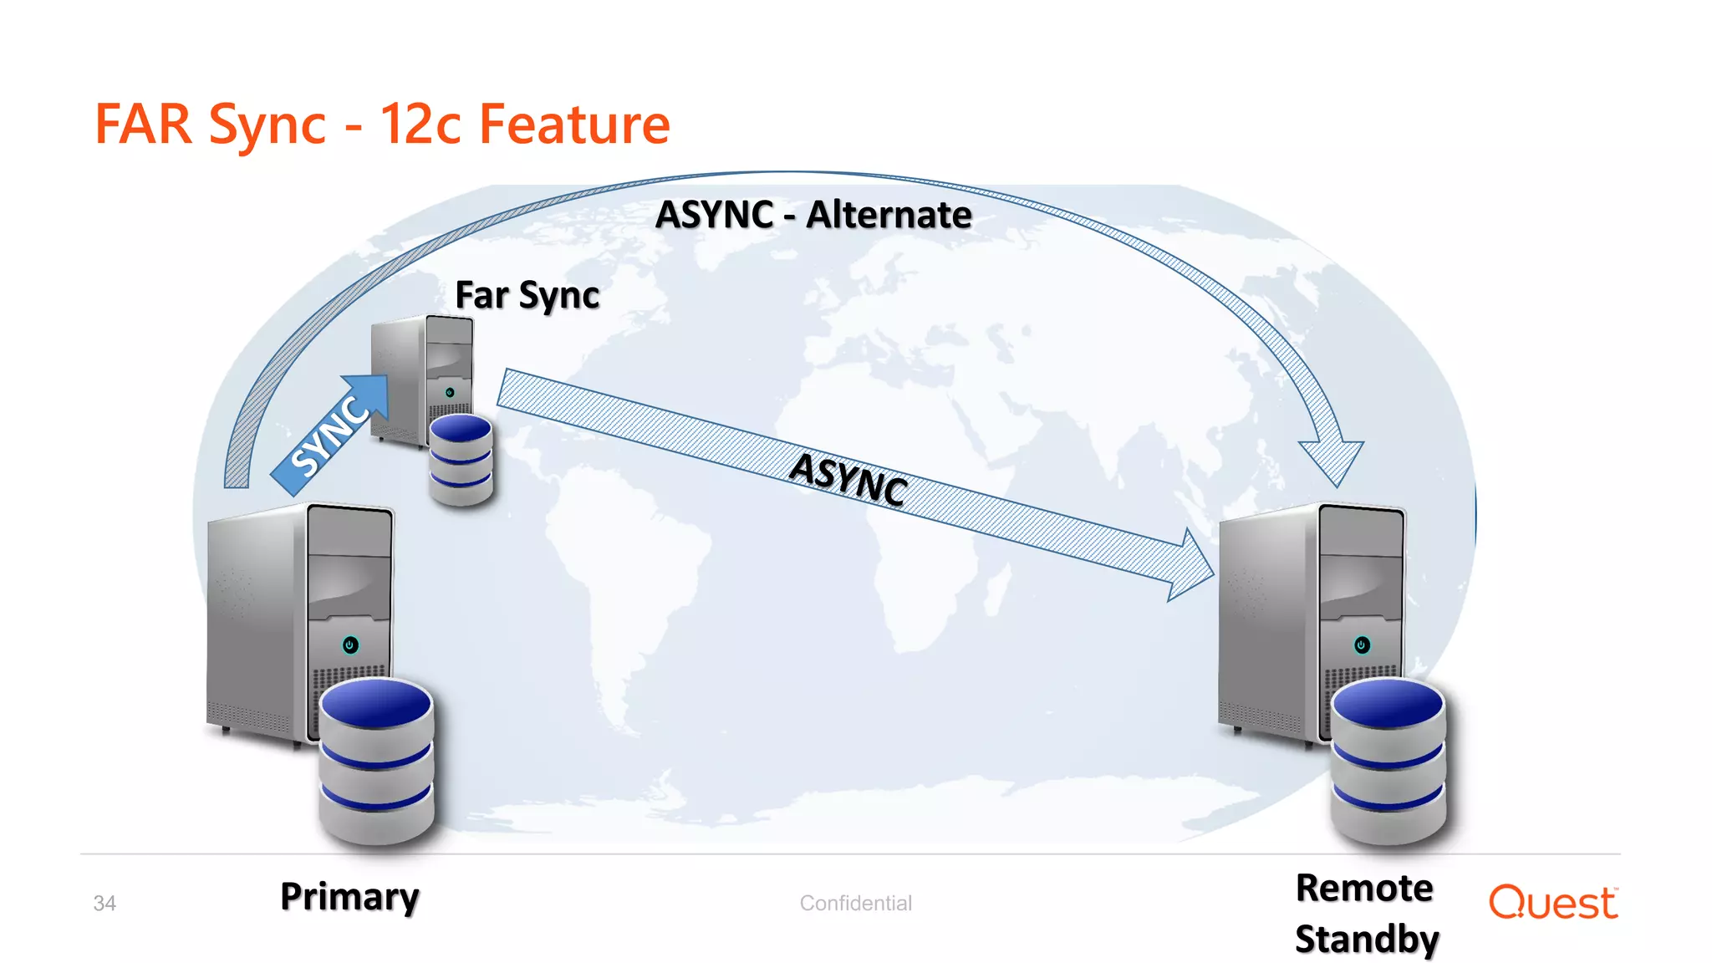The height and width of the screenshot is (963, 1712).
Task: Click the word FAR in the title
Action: (x=143, y=125)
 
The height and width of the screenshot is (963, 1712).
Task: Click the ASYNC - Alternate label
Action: (x=813, y=215)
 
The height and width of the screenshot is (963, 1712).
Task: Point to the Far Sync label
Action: (x=527, y=295)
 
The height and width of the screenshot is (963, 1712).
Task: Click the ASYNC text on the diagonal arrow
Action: (x=848, y=478)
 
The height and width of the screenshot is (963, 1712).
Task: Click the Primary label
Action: (x=349, y=896)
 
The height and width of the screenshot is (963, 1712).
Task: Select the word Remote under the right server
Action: (x=1364, y=888)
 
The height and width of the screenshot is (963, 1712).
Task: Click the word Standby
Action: (x=1367, y=939)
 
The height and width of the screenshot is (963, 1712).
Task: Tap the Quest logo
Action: (x=1552, y=903)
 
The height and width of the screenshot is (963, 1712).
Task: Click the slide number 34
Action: (x=104, y=904)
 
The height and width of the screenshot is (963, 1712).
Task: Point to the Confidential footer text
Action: (x=855, y=904)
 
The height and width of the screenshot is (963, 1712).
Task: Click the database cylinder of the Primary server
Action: (x=376, y=761)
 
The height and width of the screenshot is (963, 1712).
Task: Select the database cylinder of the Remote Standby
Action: (x=1388, y=761)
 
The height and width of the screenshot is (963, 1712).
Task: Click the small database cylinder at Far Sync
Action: (x=461, y=460)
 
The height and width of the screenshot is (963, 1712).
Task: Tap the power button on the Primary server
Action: (x=350, y=645)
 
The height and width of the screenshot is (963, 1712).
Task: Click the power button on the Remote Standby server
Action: (x=1362, y=645)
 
